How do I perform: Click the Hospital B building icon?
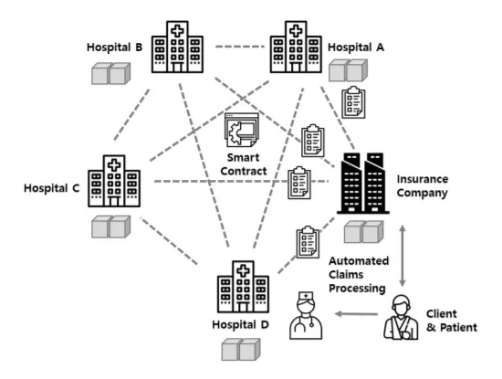pyautogui.click(x=177, y=47)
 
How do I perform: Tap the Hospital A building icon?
pyautogui.click(x=296, y=47)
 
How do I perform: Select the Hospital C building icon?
pyautogui.click(x=114, y=181)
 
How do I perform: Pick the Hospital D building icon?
pyautogui.click(x=243, y=287)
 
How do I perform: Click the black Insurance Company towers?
pyautogui.click(x=363, y=183)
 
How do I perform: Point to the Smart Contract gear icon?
pyautogui.click(x=241, y=130)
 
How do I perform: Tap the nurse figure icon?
pyautogui.click(x=306, y=315)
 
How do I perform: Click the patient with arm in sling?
pyautogui.click(x=402, y=317)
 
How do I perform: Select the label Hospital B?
pyautogui.click(x=114, y=47)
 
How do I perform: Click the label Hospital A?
pyautogui.click(x=356, y=47)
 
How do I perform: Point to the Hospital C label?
pyautogui.click(x=51, y=188)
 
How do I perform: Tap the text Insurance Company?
pyautogui.click(x=423, y=186)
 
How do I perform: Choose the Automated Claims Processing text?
pyautogui.click(x=359, y=275)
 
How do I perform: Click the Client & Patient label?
pyautogui.click(x=452, y=321)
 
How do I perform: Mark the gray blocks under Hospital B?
pyautogui.click(x=110, y=73)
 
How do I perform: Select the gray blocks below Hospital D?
pyautogui.click(x=241, y=350)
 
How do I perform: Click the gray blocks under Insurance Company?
pyautogui.click(x=363, y=232)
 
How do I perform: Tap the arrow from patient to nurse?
pyautogui.click(x=356, y=314)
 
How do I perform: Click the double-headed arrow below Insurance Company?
pyautogui.click(x=403, y=256)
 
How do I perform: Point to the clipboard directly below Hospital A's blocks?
pyautogui.click(x=353, y=102)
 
